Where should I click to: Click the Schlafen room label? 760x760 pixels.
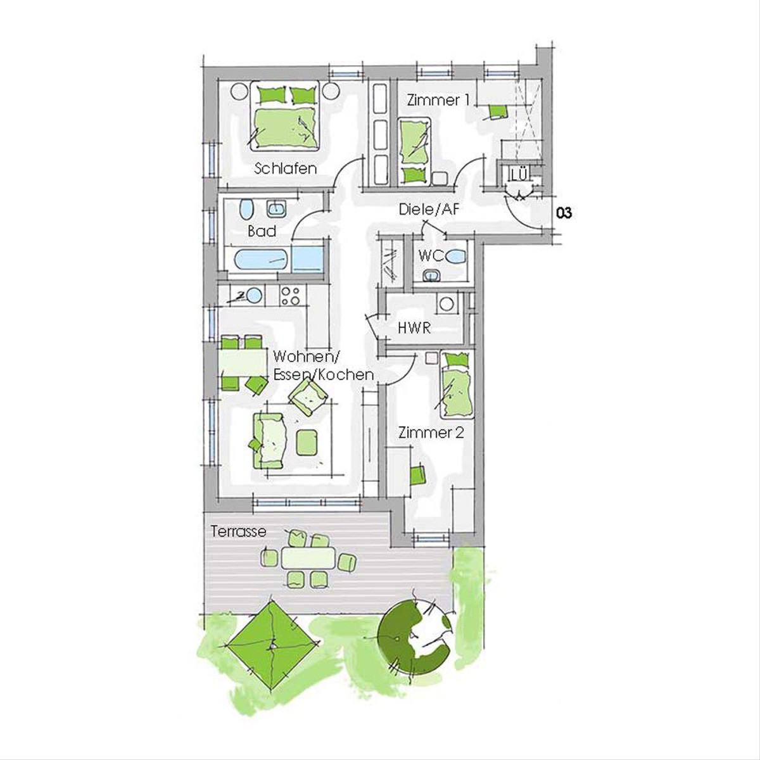(x=285, y=169)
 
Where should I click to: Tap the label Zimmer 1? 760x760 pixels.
(x=438, y=100)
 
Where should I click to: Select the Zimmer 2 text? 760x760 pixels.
(x=431, y=433)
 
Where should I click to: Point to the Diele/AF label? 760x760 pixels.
(x=429, y=209)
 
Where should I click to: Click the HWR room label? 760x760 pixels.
(x=414, y=328)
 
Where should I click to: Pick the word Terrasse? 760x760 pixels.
(x=239, y=531)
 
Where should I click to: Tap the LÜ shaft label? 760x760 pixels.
(x=519, y=174)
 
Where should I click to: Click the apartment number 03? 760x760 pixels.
(x=564, y=213)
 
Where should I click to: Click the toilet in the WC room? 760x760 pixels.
(x=456, y=256)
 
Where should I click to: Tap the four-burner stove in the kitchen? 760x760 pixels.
(x=291, y=295)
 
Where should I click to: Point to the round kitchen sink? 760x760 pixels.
(x=255, y=295)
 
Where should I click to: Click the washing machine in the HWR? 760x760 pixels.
(x=447, y=304)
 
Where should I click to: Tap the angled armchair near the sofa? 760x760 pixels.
(x=308, y=396)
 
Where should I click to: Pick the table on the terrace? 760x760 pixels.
(x=308, y=558)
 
